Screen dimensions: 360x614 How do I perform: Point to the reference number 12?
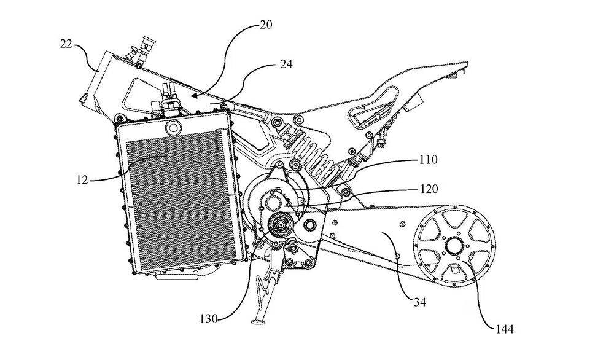click(x=82, y=180)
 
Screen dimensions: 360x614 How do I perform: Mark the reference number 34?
click(x=419, y=302)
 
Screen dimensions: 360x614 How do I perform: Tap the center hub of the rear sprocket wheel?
click(x=455, y=245)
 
